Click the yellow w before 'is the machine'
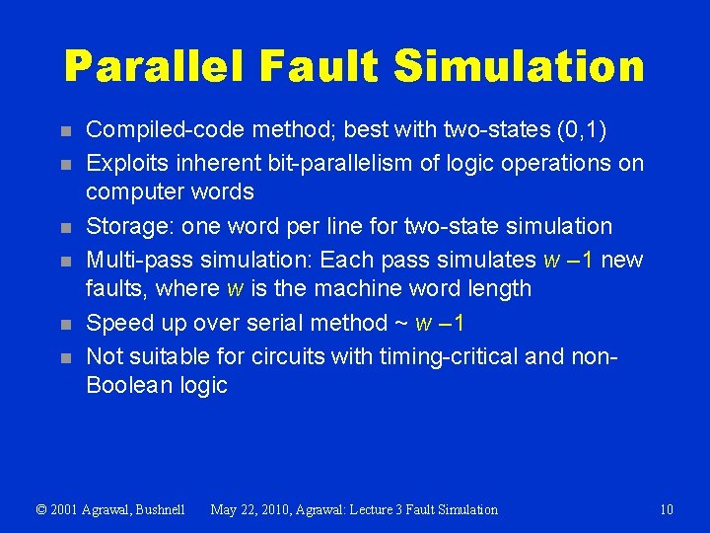235,289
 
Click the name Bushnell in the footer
157,509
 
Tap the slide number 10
667,509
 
